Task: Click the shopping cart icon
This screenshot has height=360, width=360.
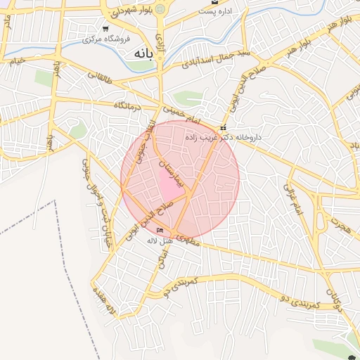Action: click(105, 29)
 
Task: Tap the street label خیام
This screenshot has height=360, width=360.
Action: click(17, 61)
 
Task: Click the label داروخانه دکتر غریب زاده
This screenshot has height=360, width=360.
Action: click(224, 138)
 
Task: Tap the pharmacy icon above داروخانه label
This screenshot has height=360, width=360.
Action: click(223, 128)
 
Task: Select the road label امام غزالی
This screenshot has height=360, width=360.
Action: click(290, 198)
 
